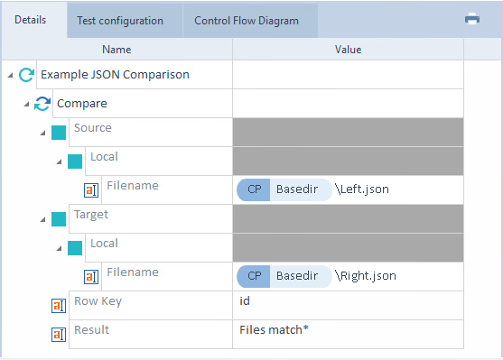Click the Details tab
click(x=31, y=20)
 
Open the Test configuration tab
click(x=120, y=21)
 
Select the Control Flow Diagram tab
click(x=247, y=21)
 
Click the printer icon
click(x=472, y=19)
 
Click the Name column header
click(x=116, y=50)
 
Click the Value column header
click(x=348, y=50)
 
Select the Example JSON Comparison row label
click(x=115, y=75)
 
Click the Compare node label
click(x=82, y=104)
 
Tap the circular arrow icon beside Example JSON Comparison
click(x=26, y=75)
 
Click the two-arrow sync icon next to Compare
click(x=42, y=104)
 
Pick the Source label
click(x=93, y=128)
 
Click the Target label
click(x=91, y=215)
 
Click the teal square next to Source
click(x=59, y=133)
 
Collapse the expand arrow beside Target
click(x=42, y=219)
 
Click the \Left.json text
click(x=362, y=189)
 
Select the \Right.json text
click(x=366, y=276)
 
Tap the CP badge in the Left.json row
click(x=254, y=189)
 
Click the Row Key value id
click(x=245, y=301)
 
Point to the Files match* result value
click(x=274, y=330)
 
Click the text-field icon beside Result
click(x=59, y=335)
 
